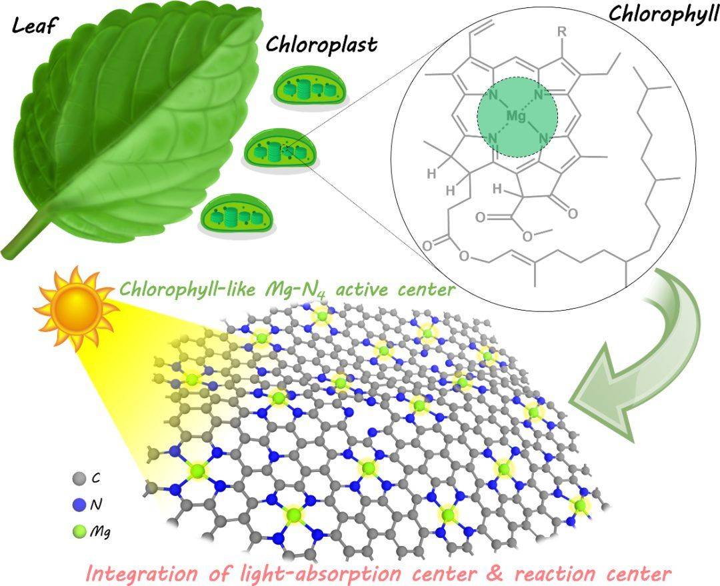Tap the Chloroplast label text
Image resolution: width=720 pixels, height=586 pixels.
(321, 45)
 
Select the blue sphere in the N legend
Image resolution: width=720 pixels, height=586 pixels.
(78, 505)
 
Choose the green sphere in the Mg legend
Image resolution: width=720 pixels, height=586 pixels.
(78, 531)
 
